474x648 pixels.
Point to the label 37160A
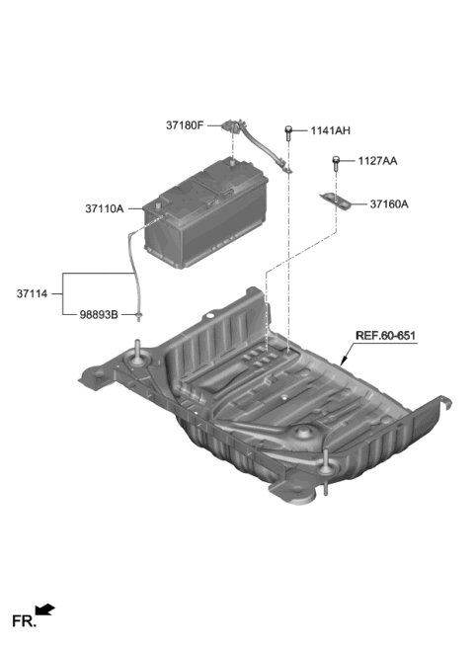coord(389,204)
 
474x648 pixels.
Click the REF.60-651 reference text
coord(386,336)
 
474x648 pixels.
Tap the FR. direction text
coord(23,621)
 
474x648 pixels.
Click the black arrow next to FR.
coord(45,610)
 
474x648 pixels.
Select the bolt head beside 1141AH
coord(288,129)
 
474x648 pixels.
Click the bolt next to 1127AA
coord(337,160)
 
